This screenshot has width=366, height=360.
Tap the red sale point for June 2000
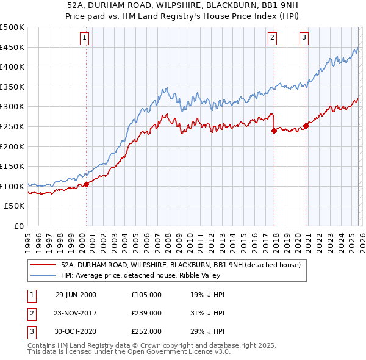pos(87,184)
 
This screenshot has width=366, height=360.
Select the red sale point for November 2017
pos(274,131)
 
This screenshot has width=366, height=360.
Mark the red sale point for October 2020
pos(306,126)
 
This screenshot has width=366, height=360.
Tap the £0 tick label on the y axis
pos(18,226)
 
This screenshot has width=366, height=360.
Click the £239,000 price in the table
pos(146,312)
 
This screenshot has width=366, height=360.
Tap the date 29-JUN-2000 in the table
pos(76,294)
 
